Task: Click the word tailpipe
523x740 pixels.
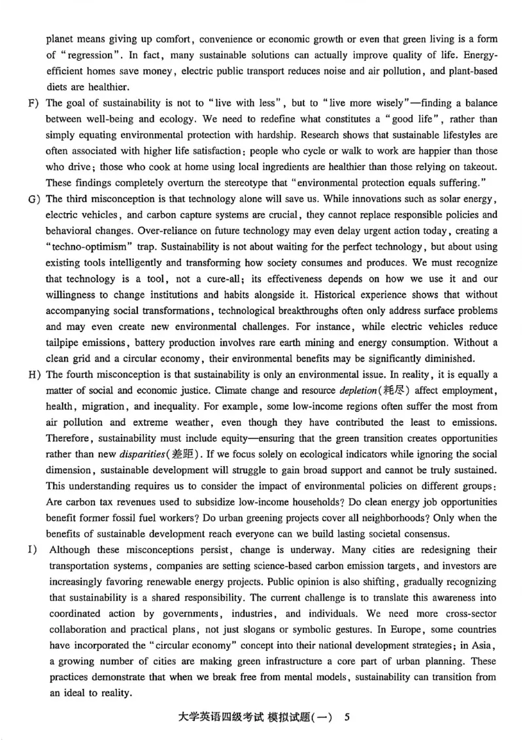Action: tap(63, 340)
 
